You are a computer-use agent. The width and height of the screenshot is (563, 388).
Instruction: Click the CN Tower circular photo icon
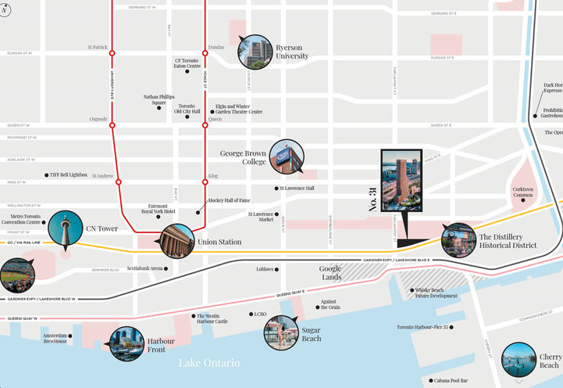[x=66, y=229]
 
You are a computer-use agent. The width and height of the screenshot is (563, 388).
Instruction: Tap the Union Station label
[x=219, y=242]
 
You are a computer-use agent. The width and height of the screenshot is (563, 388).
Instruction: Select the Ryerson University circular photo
[x=257, y=52]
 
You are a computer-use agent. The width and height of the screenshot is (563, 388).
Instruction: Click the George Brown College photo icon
[x=287, y=157]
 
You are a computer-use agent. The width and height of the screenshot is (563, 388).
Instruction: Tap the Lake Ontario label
[x=209, y=363]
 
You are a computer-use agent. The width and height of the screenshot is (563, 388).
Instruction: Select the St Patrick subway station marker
[x=112, y=53]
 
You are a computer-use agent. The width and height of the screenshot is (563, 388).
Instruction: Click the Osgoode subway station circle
[x=112, y=125]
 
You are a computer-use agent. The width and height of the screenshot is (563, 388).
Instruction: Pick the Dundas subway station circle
[x=205, y=53]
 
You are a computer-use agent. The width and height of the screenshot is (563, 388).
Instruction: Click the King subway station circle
[x=205, y=182]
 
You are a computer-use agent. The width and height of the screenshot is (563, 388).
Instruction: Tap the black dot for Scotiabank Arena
[x=166, y=268]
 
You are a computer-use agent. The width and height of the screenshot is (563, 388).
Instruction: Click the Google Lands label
[x=330, y=272]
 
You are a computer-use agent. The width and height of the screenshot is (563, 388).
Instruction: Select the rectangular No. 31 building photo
[x=401, y=181]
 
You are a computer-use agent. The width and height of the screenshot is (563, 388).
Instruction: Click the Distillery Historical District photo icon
[x=458, y=240]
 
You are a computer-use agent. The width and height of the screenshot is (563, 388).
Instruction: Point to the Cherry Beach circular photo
[x=518, y=361]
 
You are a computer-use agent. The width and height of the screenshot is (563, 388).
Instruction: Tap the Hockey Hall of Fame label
[x=229, y=201]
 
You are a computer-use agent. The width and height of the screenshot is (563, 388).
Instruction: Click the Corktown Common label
[x=522, y=192]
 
